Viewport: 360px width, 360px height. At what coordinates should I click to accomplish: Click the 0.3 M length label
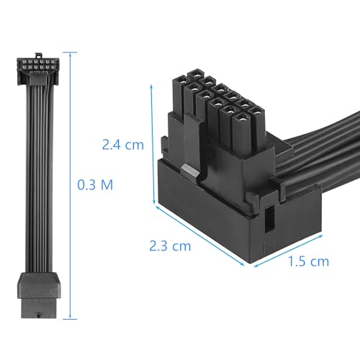tap(95, 184)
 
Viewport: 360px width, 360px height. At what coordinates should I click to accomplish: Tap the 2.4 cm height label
tap(123, 144)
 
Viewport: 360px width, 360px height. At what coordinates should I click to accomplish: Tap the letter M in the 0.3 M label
tap(106, 184)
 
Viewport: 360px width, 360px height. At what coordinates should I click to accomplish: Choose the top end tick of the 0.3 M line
tap(70, 52)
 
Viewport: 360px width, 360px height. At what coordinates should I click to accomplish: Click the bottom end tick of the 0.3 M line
tap(70, 317)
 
